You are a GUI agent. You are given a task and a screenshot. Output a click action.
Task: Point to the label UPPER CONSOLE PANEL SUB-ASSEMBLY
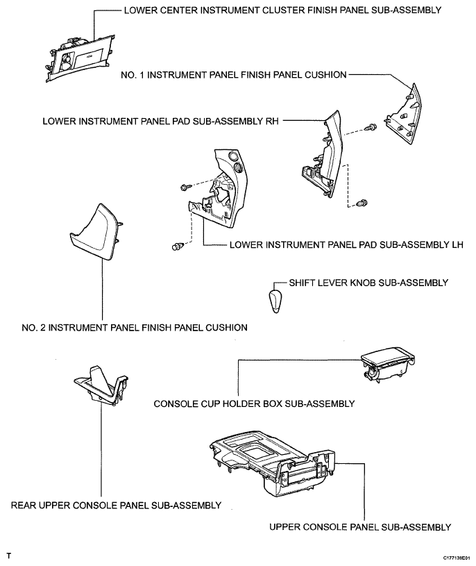[361, 526]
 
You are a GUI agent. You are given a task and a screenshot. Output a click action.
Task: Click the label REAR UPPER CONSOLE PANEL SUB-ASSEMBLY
[117, 505]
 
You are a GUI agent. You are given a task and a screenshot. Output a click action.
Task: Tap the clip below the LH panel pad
[178, 244]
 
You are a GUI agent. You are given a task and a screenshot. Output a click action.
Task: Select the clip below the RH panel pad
[362, 203]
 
